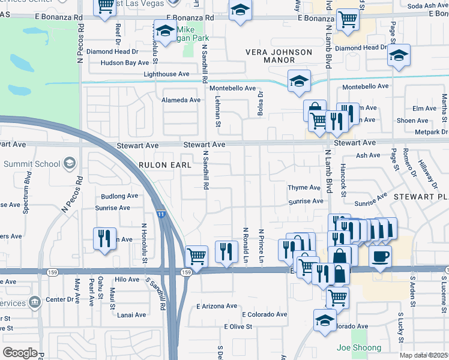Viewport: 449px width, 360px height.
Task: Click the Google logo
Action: coord(20,353)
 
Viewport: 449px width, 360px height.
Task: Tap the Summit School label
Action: coord(32,164)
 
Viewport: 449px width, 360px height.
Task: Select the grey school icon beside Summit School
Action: coord(70,163)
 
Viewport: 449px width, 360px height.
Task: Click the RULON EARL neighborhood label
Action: coord(165,164)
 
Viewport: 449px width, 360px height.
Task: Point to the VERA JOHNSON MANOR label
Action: coord(279,56)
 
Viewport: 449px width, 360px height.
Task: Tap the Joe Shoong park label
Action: coord(359,348)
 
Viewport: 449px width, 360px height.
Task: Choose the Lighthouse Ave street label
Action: coord(166,74)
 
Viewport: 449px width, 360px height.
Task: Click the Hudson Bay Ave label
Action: coord(125,62)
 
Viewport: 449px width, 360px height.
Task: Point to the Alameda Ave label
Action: coord(182,100)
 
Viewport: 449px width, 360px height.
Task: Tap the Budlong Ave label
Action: coord(119,196)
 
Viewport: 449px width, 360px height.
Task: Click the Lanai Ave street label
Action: coord(131,315)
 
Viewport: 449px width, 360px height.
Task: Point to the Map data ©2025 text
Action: coord(424,355)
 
